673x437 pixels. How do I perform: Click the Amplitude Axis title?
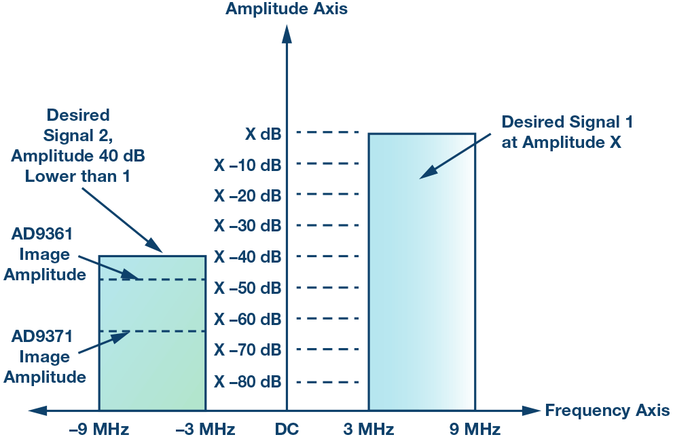(287, 9)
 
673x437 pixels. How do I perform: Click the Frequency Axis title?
(606, 411)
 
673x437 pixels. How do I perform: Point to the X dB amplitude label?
(263, 134)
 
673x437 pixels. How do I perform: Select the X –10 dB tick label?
(247, 165)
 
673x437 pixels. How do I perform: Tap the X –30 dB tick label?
(247, 225)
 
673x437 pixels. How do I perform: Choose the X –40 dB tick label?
(247, 257)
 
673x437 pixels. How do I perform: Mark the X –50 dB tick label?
(247, 288)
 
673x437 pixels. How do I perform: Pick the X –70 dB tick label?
(247, 350)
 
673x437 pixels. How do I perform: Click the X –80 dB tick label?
(247, 381)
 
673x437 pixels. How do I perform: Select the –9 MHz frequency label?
(99, 429)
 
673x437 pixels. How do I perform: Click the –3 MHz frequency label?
(205, 429)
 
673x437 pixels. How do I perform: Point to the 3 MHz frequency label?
(369, 429)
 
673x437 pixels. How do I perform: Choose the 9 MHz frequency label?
(475, 429)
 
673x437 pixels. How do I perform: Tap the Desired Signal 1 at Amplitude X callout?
(567, 132)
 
